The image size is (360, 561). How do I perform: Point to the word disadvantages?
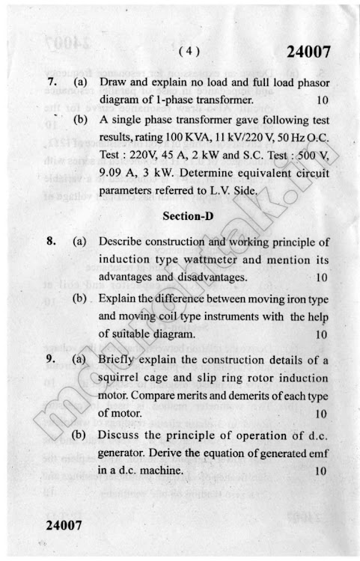(213, 278)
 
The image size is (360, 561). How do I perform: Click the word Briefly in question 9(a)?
(118, 360)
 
